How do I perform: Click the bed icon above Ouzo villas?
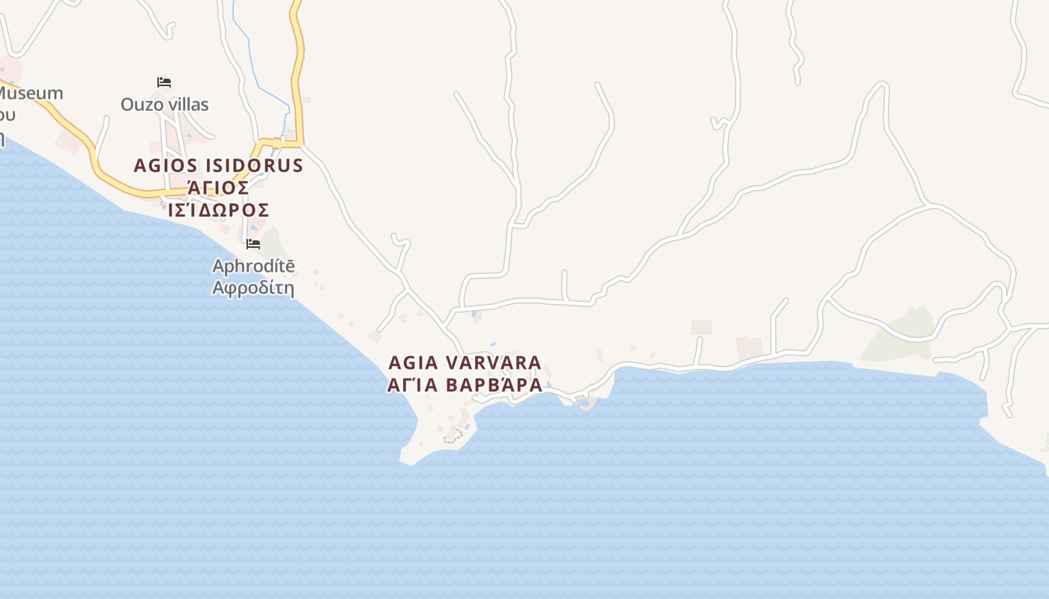pyautogui.click(x=164, y=82)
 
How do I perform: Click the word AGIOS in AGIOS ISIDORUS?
pyautogui.click(x=163, y=165)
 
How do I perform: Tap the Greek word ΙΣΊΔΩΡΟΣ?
pyautogui.click(x=218, y=210)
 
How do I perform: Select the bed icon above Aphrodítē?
pyautogui.click(x=253, y=244)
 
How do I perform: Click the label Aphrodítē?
pyautogui.click(x=253, y=266)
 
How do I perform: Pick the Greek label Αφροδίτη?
pyautogui.click(x=253, y=288)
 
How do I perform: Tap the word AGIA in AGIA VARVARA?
pyautogui.click(x=413, y=362)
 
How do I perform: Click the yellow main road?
pyautogui.click(x=299, y=75)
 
